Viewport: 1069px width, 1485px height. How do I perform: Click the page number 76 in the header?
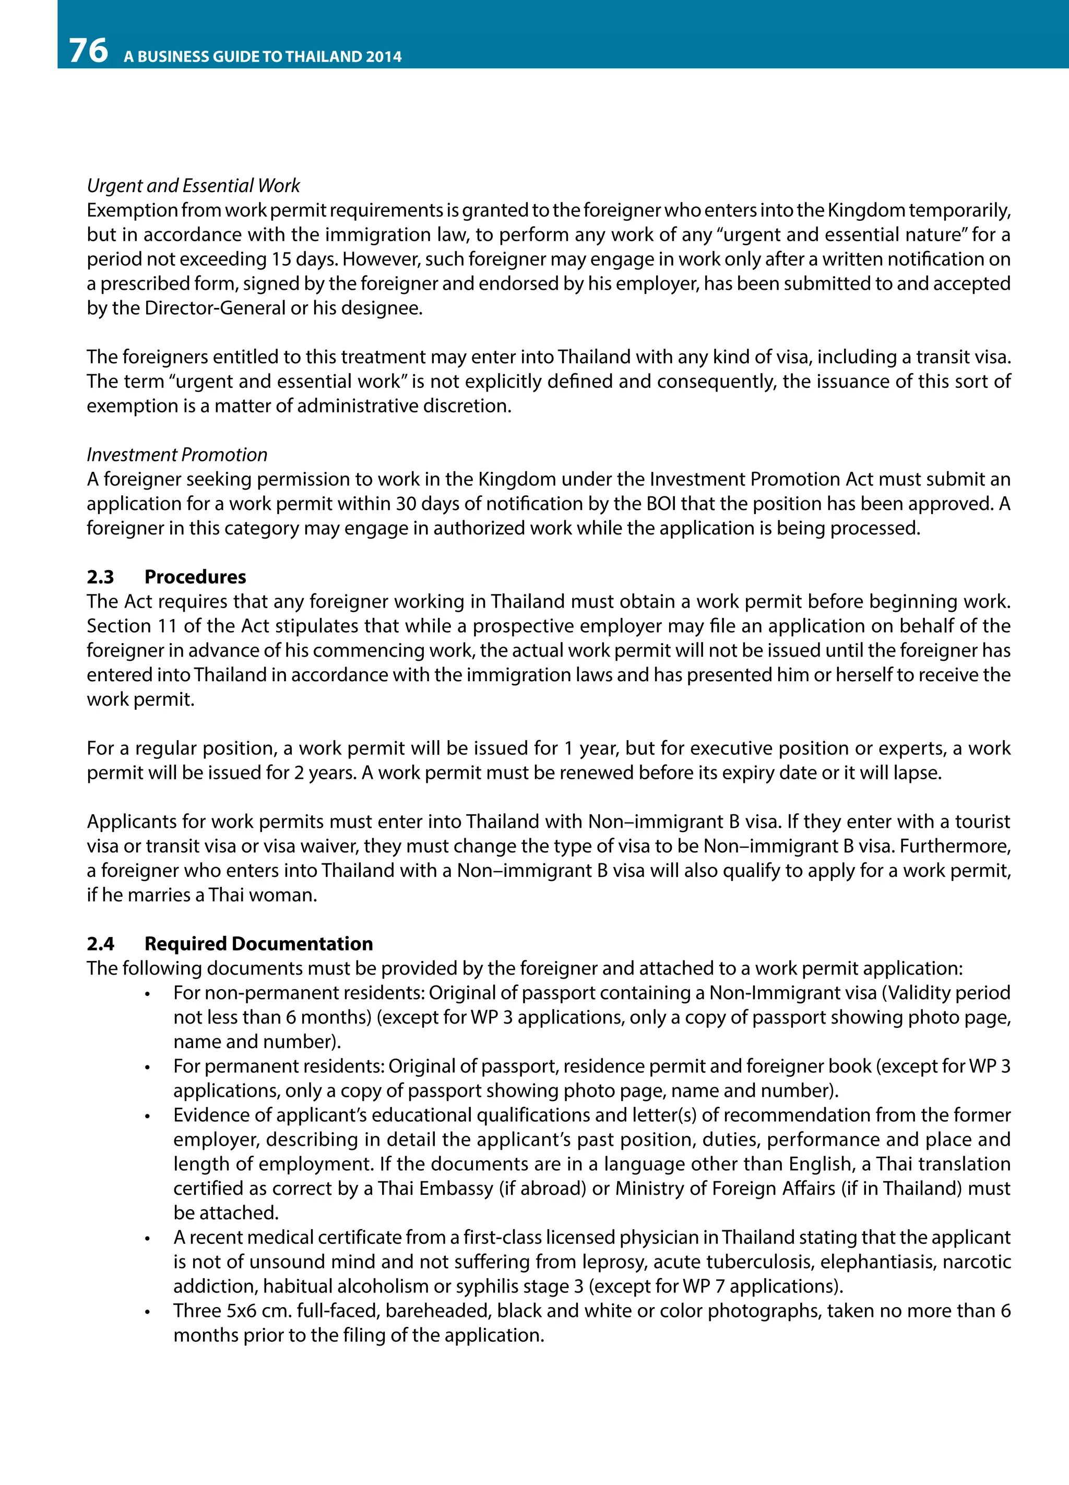[x=88, y=51]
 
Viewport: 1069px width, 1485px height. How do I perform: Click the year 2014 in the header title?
[x=384, y=57]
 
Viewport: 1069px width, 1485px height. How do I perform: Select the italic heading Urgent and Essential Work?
[x=193, y=186]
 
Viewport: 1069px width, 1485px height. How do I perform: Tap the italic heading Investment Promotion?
[x=177, y=455]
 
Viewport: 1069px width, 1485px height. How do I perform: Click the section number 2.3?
[x=100, y=577]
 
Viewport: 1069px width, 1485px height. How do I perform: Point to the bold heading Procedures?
[x=195, y=577]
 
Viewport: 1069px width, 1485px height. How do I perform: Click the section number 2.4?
[x=100, y=944]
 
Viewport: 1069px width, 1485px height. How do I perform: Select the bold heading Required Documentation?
[x=258, y=944]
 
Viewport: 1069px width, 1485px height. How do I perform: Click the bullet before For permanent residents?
[x=148, y=1068]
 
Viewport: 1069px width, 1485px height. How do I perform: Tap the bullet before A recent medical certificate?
[x=148, y=1239]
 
